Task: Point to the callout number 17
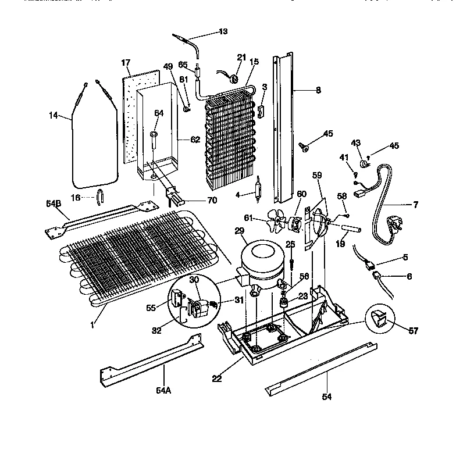125,62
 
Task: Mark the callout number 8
318,90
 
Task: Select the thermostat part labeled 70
173,198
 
